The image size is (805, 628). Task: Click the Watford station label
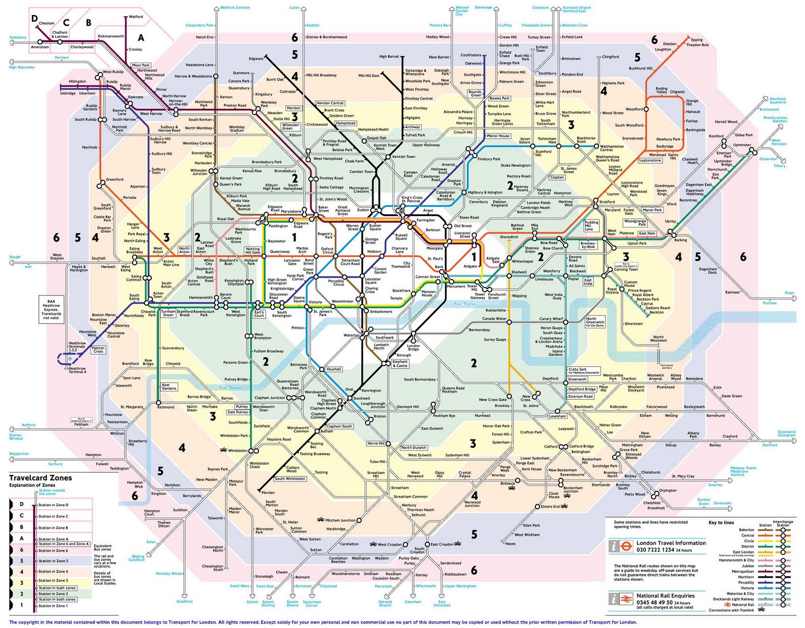point(136,17)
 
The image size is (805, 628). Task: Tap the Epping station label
point(697,40)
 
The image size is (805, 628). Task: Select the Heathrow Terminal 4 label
point(77,370)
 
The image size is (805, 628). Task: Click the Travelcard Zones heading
point(40,478)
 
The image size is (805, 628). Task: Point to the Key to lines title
point(721,523)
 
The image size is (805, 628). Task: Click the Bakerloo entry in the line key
point(746,530)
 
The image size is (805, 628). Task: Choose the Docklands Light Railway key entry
point(734,599)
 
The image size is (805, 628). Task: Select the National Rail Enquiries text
point(665,595)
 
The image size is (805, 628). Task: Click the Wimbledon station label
point(237,451)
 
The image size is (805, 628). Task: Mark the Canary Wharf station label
point(551,319)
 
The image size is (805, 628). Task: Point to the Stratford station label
point(607,202)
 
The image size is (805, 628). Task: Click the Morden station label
point(268,493)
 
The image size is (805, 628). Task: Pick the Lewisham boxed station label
point(557,416)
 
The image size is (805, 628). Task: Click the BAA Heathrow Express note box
point(51,309)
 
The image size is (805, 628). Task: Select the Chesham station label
point(47,23)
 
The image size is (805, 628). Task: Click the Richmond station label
point(166,407)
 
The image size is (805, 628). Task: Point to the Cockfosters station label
point(470,55)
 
